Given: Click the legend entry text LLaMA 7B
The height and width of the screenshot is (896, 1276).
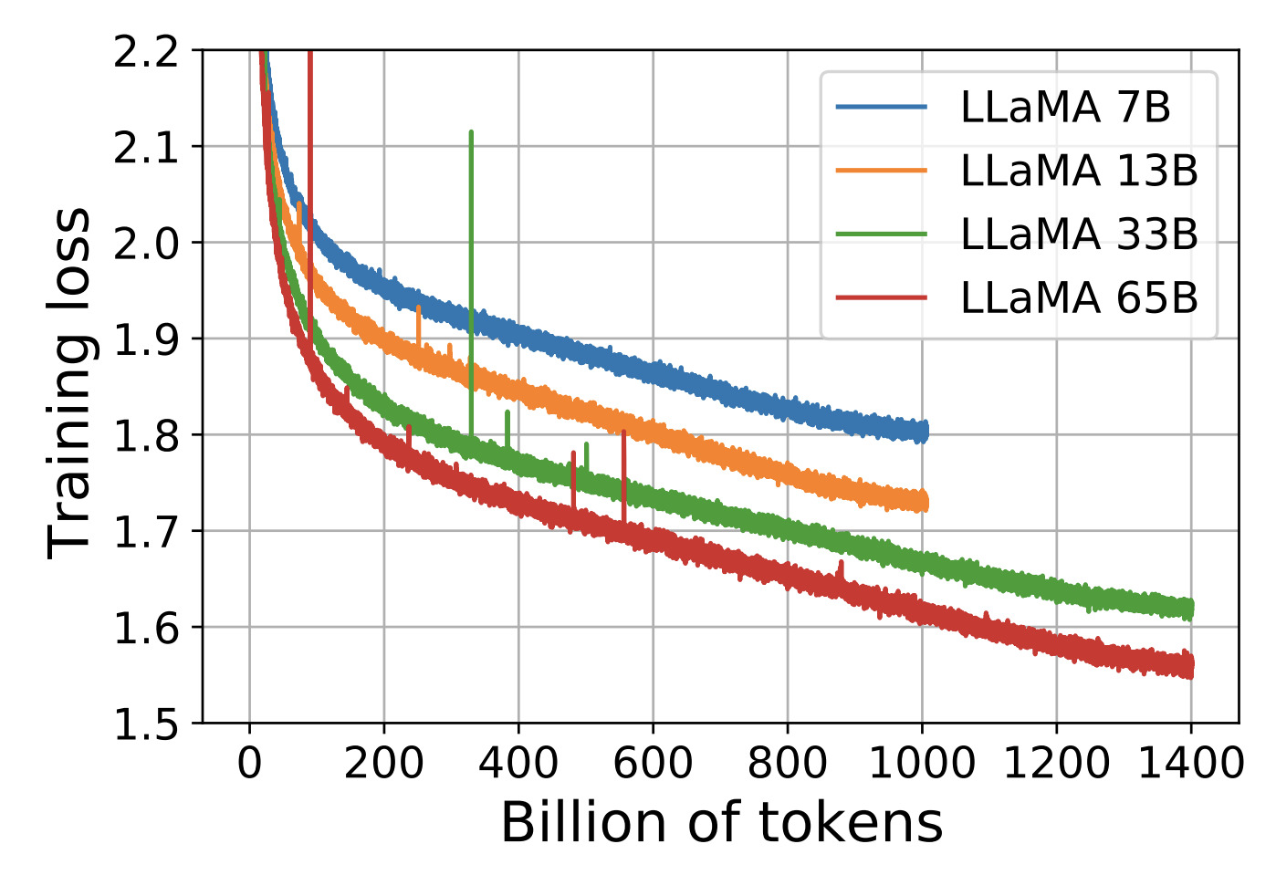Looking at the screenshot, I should tap(1065, 108).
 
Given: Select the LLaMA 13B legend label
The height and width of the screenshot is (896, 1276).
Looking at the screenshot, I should tap(1079, 171).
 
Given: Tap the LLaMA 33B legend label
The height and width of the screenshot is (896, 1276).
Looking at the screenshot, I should tap(1079, 234).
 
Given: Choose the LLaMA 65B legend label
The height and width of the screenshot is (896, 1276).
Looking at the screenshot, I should tap(1079, 298).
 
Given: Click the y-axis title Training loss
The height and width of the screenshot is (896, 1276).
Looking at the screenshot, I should tap(70, 383).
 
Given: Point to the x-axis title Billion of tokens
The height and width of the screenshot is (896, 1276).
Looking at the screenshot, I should tap(721, 823).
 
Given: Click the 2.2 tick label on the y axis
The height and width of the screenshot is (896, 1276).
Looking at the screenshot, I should tap(145, 52).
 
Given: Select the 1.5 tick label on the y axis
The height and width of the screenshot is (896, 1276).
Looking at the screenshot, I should tap(145, 724).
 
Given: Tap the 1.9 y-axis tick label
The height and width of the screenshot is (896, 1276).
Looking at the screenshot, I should tap(145, 339).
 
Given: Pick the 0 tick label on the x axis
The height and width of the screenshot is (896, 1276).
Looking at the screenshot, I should tap(249, 763).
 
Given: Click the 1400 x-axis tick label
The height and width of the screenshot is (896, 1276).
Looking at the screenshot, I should tap(1191, 763).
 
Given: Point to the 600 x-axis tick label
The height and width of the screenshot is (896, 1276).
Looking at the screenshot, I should tap(653, 763).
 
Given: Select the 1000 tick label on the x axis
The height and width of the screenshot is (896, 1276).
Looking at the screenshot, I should tap(922, 763).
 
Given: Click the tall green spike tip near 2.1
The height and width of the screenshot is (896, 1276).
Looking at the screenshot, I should tap(471, 133).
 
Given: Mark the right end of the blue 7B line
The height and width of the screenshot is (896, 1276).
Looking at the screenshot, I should tap(926, 431).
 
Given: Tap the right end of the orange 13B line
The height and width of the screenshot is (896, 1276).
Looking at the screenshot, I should tap(926, 501).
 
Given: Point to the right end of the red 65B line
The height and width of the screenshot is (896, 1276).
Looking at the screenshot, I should tap(1191, 667).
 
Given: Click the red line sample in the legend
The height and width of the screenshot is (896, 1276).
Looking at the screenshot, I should tap(881, 298).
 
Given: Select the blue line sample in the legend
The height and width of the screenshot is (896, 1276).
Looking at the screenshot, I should tap(881, 108).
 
